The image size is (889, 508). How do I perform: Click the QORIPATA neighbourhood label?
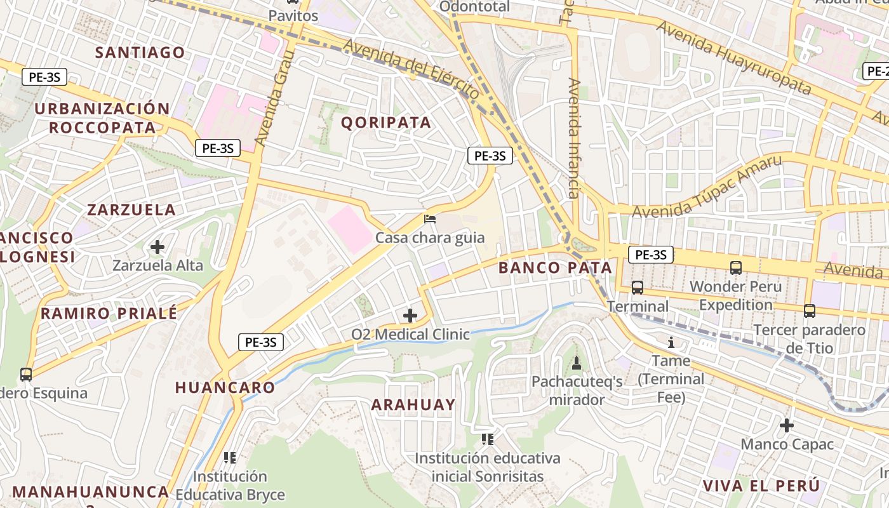(386, 123)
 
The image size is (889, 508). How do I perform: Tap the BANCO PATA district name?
(555, 268)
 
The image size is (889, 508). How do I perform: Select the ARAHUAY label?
(413, 404)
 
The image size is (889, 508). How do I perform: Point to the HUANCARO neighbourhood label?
(225, 387)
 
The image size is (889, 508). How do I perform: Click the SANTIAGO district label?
(140, 52)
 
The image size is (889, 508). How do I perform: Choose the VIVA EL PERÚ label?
(761, 486)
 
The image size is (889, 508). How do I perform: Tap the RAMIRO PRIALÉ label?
(109, 313)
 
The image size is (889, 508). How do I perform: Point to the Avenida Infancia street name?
(574, 138)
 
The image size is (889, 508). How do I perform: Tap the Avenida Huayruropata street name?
(733, 57)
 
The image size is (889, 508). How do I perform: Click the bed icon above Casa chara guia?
(430, 220)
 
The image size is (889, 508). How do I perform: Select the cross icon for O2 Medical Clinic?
(410, 315)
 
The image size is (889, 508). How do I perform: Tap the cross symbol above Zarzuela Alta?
(157, 246)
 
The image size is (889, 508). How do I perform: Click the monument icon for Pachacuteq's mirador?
(577, 363)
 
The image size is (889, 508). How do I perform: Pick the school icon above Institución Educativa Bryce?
(230, 457)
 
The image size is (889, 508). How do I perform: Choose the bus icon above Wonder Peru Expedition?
(735, 268)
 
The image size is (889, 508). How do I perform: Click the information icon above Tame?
(671, 343)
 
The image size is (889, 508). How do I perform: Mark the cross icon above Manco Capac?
(787, 425)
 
